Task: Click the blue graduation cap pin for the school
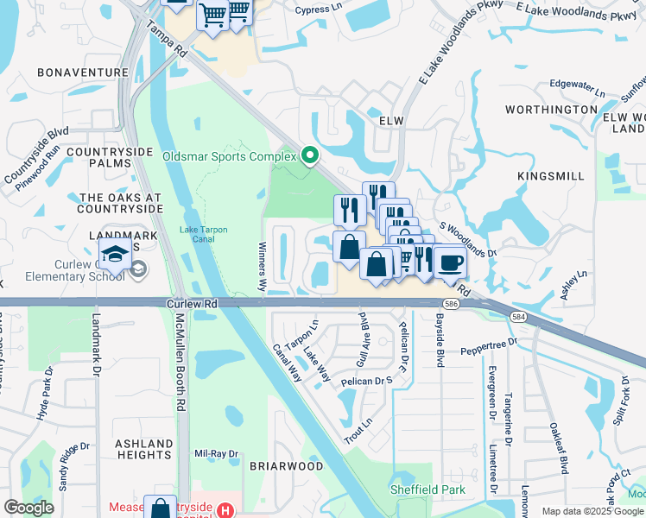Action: click(114, 255)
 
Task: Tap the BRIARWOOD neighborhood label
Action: click(286, 465)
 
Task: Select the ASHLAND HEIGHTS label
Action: click(143, 449)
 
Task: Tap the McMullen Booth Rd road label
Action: click(180, 363)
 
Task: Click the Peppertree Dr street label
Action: click(487, 343)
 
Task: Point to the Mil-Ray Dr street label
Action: click(216, 453)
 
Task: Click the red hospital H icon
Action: click(225, 510)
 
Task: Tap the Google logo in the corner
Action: click(28, 508)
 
